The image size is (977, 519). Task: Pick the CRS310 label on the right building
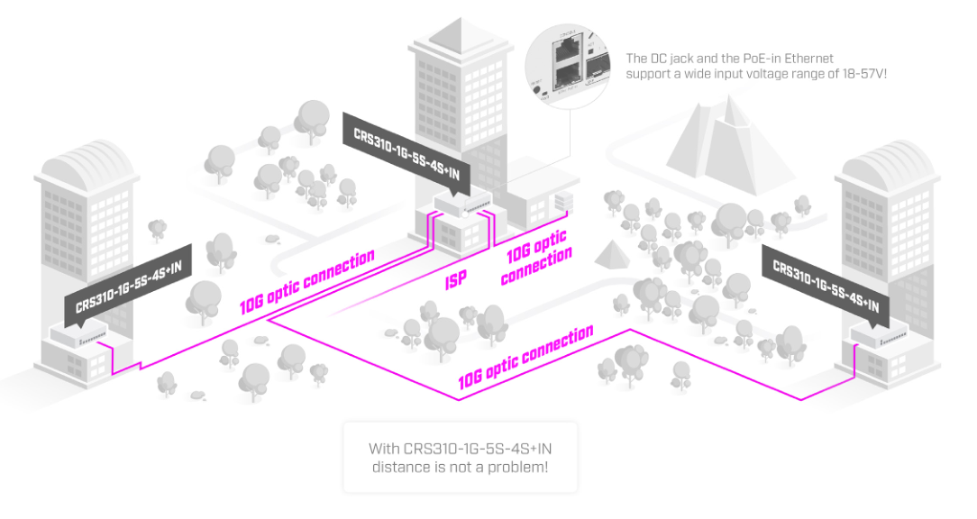[826, 280]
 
